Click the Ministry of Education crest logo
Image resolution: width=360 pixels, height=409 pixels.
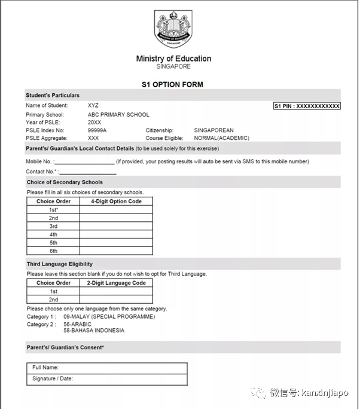click(x=173, y=30)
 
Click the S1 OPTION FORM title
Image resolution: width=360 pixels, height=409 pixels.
click(x=173, y=84)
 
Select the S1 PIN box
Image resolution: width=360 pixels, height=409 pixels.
click(x=307, y=106)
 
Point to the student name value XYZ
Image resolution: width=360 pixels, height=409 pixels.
click(x=93, y=105)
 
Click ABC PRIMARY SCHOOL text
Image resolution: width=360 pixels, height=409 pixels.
click(x=118, y=114)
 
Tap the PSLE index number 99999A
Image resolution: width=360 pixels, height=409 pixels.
click(x=97, y=130)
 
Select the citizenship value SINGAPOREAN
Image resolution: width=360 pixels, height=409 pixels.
click(x=213, y=130)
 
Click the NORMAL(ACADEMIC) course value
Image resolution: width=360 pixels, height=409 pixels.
click(x=221, y=138)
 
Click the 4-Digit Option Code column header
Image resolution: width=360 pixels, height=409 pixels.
click(x=116, y=202)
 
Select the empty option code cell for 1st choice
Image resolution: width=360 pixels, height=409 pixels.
click(x=116, y=210)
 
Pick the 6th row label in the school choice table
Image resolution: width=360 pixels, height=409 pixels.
click(x=54, y=251)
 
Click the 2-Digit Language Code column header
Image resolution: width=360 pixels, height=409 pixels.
click(x=116, y=283)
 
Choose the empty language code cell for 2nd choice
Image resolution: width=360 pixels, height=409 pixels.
click(x=116, y=300)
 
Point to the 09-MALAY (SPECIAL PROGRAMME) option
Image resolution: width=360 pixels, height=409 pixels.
click(x=108, y=317)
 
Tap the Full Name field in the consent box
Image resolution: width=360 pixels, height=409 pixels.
click(x=107, y=368)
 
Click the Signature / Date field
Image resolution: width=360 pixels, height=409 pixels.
click(x=107, y=379)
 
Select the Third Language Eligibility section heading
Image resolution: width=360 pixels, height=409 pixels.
click(x=60, y=264)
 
